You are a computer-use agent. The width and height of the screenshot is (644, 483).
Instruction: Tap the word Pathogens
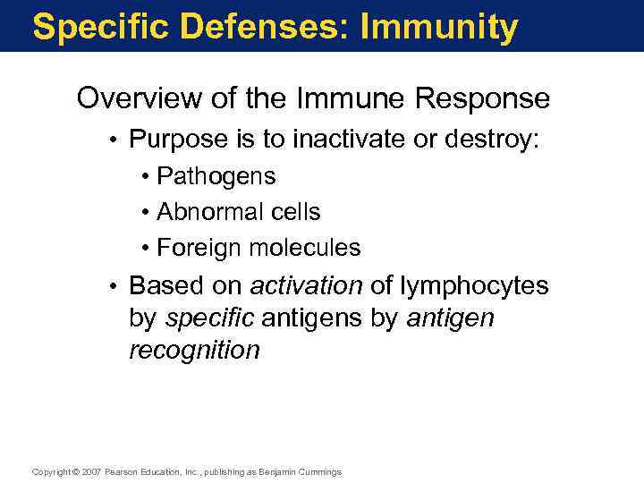pos(216,177)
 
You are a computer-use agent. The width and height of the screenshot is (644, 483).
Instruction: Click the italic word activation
pos(306,285)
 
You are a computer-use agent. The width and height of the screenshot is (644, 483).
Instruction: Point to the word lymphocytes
pos(473,285)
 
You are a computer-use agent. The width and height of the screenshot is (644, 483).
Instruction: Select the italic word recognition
pos(194,350)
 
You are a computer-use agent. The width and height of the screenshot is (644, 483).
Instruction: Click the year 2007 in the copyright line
pos(92,471)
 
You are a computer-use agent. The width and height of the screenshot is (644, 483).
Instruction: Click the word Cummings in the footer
pos(320,471)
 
